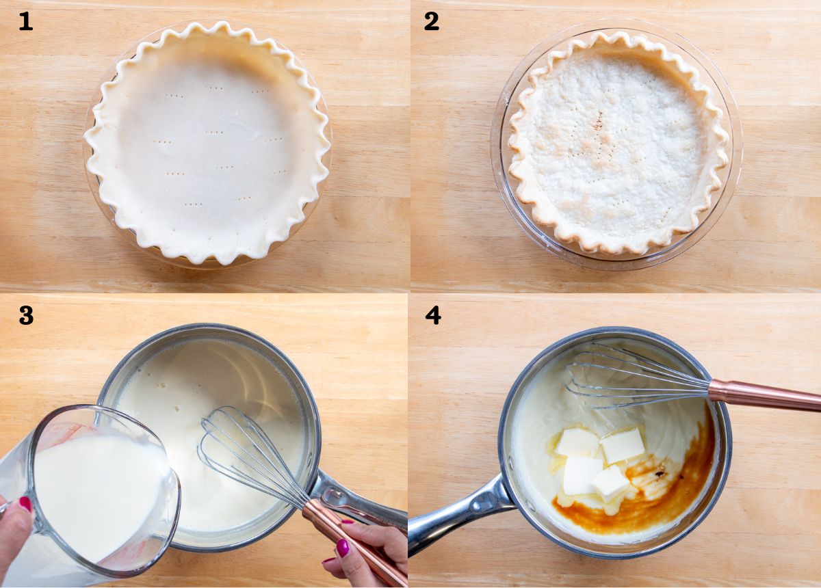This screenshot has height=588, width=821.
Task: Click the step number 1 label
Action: click(25, 21)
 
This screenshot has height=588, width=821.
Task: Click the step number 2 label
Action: click(431, 21)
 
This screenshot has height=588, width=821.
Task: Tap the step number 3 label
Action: click(26, 315)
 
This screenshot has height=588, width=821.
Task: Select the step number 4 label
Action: click(432, 315)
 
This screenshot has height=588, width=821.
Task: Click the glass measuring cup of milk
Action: click(96, 492)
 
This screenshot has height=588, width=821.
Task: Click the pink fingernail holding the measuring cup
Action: click(25, 504)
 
